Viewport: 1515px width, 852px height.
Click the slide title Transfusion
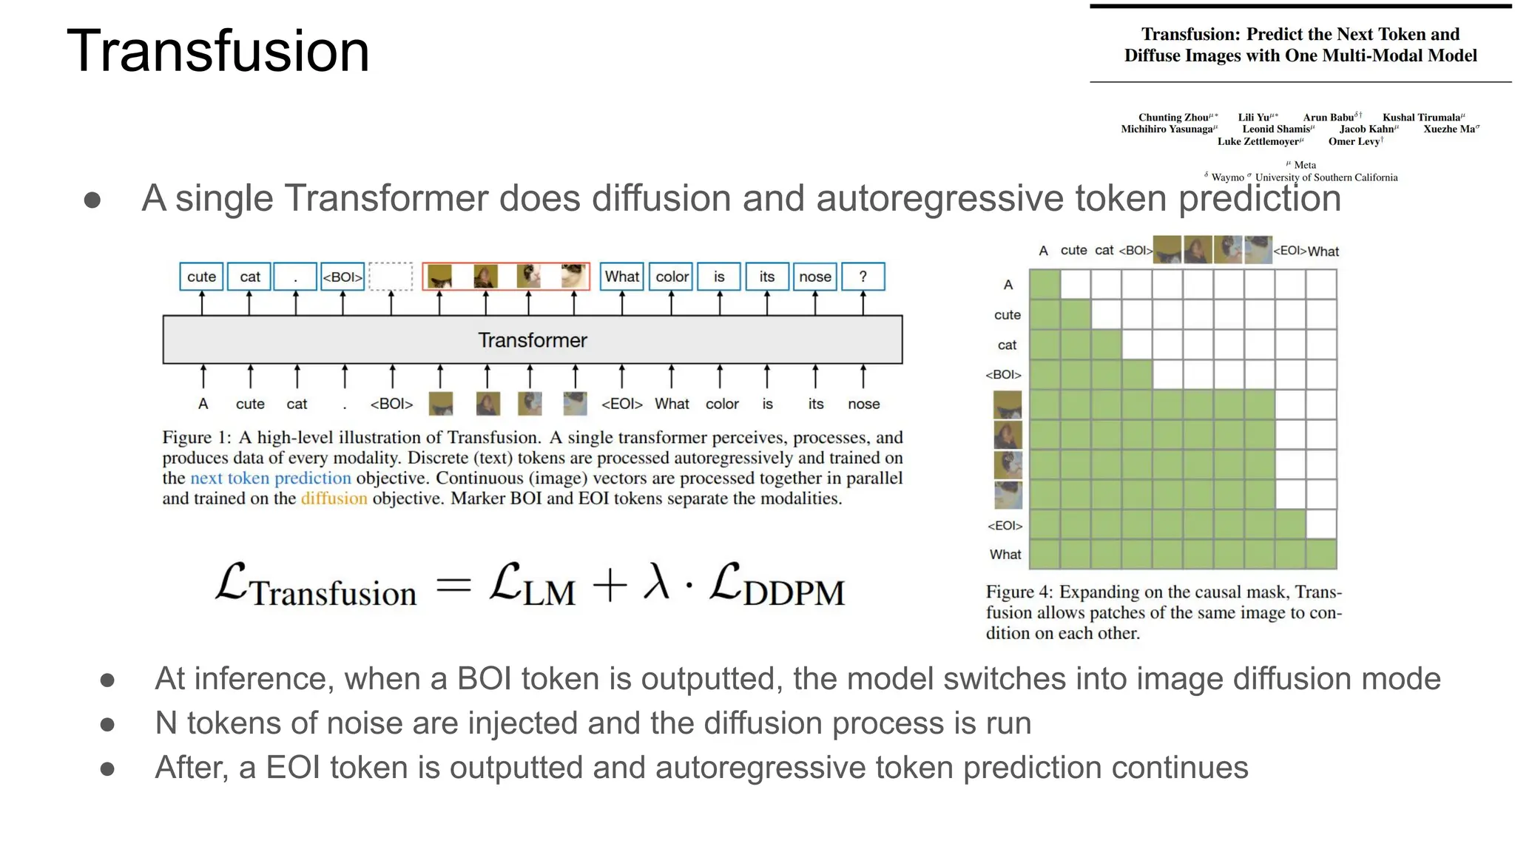(x=217, y=50)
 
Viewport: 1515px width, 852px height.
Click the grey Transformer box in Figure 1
(x=532, y=339)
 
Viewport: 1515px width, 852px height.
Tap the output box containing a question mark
(x=863, y=277)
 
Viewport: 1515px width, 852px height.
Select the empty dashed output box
(x=391, y=277)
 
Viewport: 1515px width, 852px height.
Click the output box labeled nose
(x=814, y=277)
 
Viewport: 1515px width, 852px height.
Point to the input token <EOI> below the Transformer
(x=621, y=404)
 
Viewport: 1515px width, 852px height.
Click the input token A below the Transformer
(x=203, y=404)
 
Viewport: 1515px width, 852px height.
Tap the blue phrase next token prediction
(x=271, y=479)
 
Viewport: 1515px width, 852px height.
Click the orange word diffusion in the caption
(x=334, y=498)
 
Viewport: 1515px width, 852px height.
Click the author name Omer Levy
(x=1354, y=141)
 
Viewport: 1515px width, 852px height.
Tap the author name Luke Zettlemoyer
(x=1259, y=141)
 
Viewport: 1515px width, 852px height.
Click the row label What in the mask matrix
(x=1005, y=554)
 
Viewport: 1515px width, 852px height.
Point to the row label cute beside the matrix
(x=1007, y=314)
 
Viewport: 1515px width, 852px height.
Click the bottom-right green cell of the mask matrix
(x=1320, y=554)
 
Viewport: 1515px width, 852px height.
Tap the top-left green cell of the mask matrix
(x=1045, y=284)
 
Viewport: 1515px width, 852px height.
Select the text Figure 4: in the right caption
(x=1019, y=592)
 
